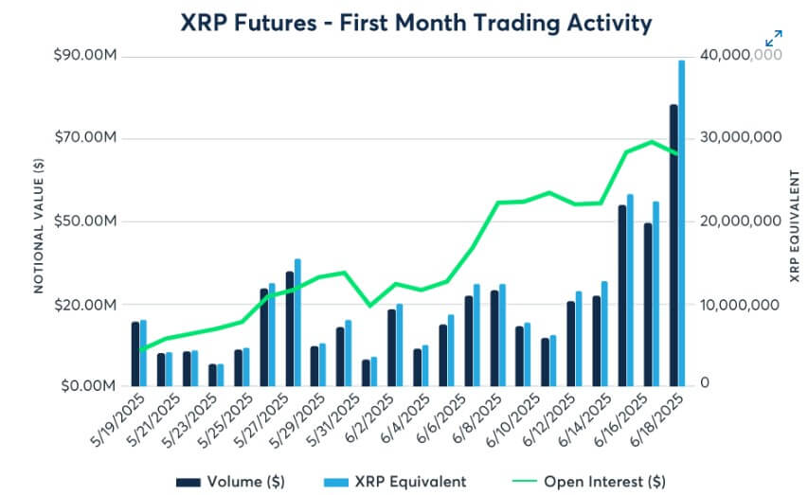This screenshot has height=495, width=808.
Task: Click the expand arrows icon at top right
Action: coord(774,39)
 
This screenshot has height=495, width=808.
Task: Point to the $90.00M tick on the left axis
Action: coord(87,56)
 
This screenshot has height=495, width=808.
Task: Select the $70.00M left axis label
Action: coord(87,138)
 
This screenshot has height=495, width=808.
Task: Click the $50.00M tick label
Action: coord(87,221)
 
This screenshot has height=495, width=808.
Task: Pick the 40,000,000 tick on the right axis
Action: coord(741,56)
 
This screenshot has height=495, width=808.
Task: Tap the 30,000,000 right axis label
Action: coord(741,138)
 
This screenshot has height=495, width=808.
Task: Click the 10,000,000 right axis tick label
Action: coord(741,305)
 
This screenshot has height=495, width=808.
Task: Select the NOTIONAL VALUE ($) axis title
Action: coord(39,221)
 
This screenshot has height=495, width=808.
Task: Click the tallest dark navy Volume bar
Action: coord(673,245)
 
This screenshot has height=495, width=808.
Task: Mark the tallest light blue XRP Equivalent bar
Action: coord(681,223)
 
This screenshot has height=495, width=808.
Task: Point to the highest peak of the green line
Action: coord(652,142)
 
